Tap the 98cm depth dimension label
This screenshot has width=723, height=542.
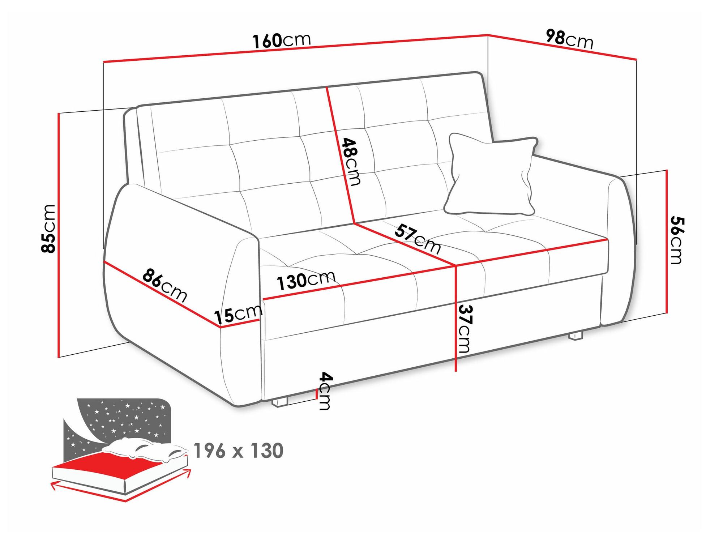coord(569,39)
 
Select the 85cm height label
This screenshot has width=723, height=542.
coord(49,229)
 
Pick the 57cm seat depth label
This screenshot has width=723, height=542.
coord(418,239)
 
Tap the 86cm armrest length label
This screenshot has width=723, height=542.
coord(165,285)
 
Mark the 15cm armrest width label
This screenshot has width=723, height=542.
coord(238,314)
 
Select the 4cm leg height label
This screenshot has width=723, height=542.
coord(325,391)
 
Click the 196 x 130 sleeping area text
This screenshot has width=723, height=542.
coord(239,451)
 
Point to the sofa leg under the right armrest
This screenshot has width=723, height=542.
coord(576,336)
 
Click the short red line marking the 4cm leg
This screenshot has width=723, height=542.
coord(317,393)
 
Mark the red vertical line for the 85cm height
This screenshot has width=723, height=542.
coord(59,235)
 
